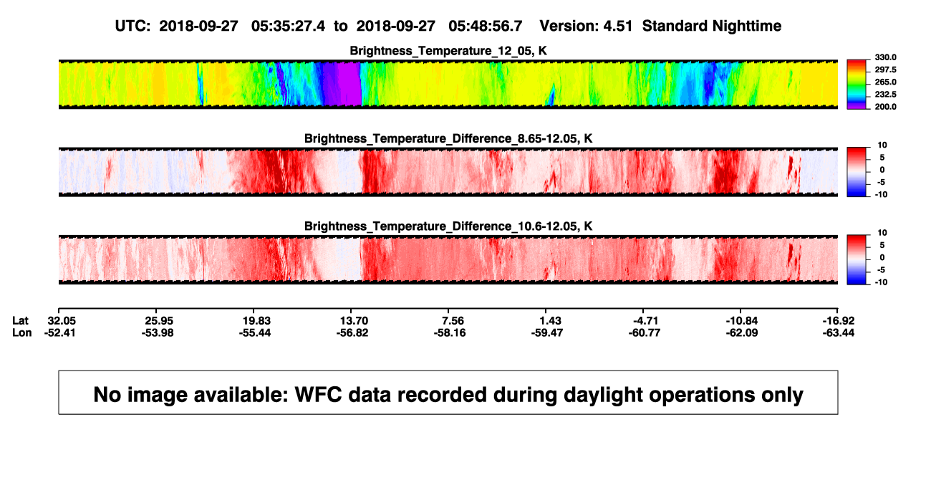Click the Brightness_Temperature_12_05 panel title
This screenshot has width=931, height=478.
pyautogui.click(x=448, y=51)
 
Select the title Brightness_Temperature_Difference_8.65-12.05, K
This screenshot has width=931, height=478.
pyautogui.click(x=448, y=138)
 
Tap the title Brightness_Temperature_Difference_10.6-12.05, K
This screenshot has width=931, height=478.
pyautogui.click(x=448, y=226)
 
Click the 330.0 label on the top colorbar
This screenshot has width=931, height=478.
pyautogui.click(x=885, y=57)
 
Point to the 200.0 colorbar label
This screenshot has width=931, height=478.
pyautogui.click(x=885, y=107)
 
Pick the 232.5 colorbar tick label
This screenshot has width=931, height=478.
pyautogui.click(x=885, y=95)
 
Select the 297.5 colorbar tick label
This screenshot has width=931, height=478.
pyautogui.click(x=885, y=70)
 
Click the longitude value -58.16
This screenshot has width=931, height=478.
pyautogui.click(x=449, y=333)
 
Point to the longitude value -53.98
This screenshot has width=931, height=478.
pyautogui.click(x=157, y=333)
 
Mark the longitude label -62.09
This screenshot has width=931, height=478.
pyautogui.click(x=741, y=333)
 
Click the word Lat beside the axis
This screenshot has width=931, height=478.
pyautogui.click(x=20, y=321)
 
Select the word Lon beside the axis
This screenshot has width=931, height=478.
pyautogui.click(x=21, y=333)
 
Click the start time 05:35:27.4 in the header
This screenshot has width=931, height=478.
pyautogui.click(x=288, y=27)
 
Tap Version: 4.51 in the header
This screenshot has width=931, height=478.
pyautogui.click(x=586, y=27)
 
